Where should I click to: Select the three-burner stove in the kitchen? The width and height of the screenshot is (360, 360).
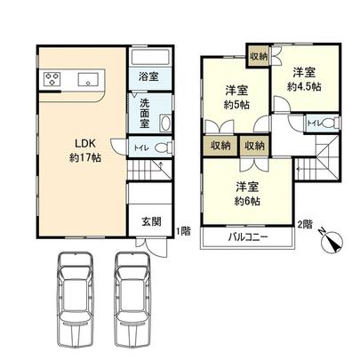click(x=50, y=78)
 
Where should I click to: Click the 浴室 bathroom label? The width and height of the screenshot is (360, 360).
click(x=148, y=77)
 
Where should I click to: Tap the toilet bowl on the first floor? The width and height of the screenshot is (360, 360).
click(x=160, y=147)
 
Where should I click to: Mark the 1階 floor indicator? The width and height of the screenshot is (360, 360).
click(x=183, y=232)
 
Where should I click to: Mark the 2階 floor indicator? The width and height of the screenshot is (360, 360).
click(x=305, y=223)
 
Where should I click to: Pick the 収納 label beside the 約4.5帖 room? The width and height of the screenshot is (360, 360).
click(x=259, y=55)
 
